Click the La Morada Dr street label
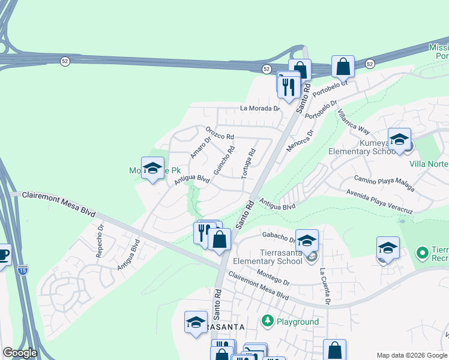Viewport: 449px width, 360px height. point(260,109)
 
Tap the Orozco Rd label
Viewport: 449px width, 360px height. point(219,133)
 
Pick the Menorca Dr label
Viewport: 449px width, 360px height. point(300,141)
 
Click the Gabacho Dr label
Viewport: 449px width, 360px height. point(277,236)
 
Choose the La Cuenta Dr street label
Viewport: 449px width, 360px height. point(325,286)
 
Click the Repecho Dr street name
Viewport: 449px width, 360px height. point(101,241)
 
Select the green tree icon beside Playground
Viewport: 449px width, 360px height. point(268,322)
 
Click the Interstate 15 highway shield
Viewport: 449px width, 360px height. point(23,269)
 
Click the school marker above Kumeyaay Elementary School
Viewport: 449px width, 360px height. point(399,140)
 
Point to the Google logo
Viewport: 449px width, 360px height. point(20,353)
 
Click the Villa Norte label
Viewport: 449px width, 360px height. point(429,163)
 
